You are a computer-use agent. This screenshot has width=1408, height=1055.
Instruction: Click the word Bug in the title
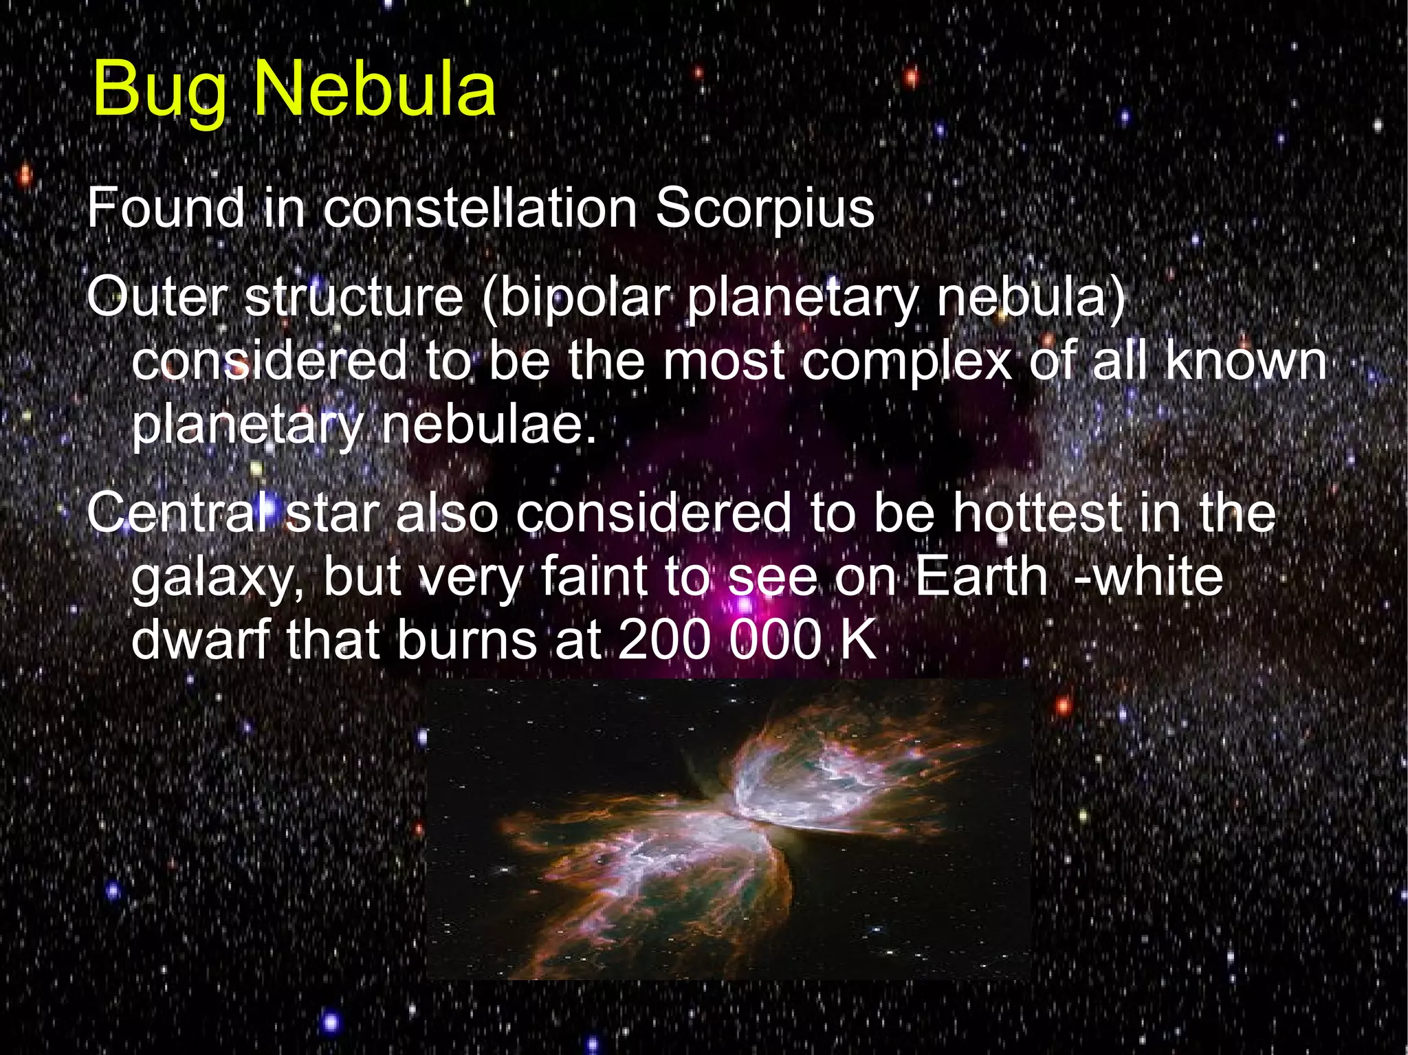tap(159, 91)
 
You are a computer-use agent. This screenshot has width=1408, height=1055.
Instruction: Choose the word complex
tap(907, 362)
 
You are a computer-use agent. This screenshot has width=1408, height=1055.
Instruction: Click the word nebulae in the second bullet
tap(488, 425)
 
